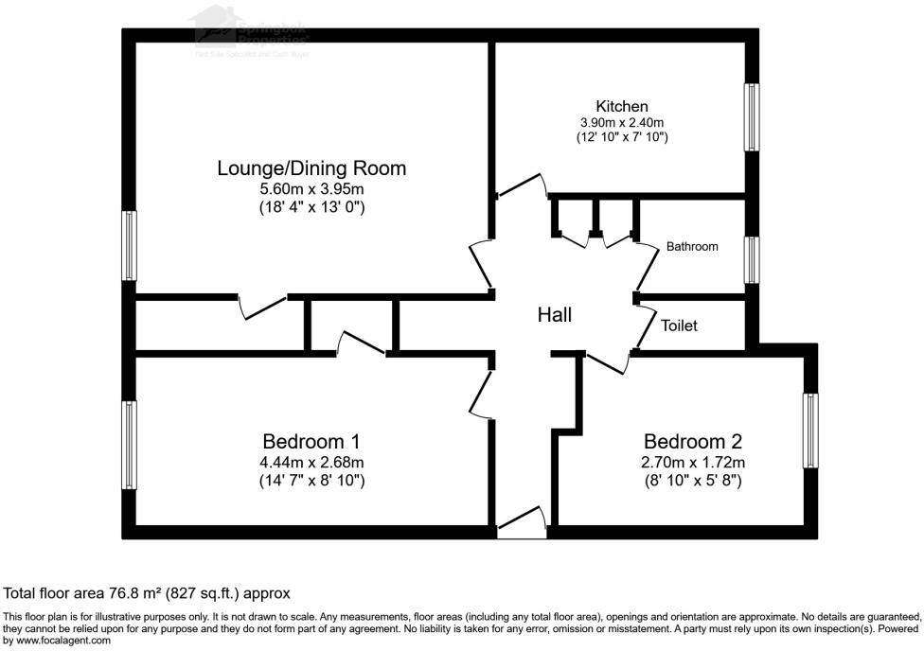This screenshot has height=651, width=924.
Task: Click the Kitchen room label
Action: (621, 106)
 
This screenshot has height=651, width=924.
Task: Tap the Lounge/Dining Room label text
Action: (311, 168)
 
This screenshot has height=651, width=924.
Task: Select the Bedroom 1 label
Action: (311, 441)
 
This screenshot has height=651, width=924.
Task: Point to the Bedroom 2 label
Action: (693, 441)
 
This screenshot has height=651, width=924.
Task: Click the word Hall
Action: (554, 315)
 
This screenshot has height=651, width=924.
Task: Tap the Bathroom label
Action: (691, 246)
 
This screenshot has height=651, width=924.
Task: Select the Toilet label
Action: (679, 325)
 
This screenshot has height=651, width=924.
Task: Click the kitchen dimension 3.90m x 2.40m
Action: (621, 122)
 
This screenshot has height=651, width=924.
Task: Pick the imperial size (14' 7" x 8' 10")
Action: (311, 481)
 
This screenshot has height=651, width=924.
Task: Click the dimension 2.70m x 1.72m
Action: (693, 463)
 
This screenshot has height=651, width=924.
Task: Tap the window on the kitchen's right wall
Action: (752, 116)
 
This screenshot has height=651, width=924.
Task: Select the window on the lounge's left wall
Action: (129, 245)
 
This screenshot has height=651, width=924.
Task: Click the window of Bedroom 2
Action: (810, 431)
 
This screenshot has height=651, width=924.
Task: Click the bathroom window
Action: (752, 260)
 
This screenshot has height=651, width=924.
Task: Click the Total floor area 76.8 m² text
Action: (147, 593)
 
